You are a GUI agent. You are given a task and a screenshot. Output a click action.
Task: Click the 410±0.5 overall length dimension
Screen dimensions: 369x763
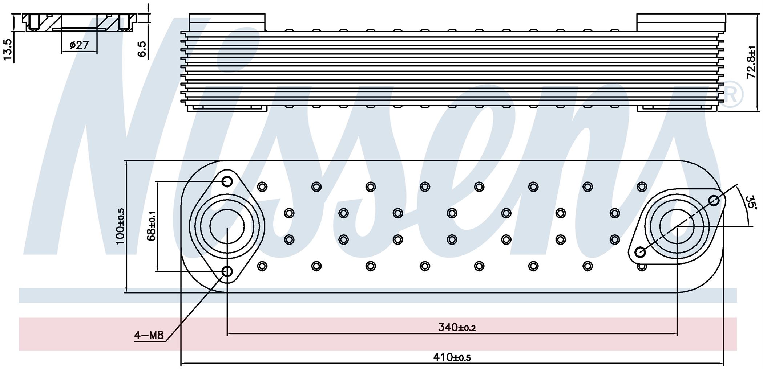(x=452, y=357)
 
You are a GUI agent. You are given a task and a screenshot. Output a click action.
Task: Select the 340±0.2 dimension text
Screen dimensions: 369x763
(x=457, y=328)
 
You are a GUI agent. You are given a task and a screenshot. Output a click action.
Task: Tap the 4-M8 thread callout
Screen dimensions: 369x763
(x=149, y=336)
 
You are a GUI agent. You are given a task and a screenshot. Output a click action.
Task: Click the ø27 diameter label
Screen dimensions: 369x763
(x=79, y=45)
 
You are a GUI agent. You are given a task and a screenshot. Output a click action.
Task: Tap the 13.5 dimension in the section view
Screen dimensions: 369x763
(x=8, y=49)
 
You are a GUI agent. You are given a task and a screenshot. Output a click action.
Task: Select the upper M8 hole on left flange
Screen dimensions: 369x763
(x=227, y=181)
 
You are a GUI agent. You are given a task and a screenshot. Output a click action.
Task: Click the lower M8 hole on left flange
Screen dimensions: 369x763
(x=227, y=271)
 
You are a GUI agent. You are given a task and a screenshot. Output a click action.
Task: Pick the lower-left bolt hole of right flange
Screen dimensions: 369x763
(x=640, y=252)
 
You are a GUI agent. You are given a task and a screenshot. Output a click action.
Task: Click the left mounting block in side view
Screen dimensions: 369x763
(x=227, y=22)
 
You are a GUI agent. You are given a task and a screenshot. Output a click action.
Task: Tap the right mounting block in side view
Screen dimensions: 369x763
(x=681, y=22)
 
